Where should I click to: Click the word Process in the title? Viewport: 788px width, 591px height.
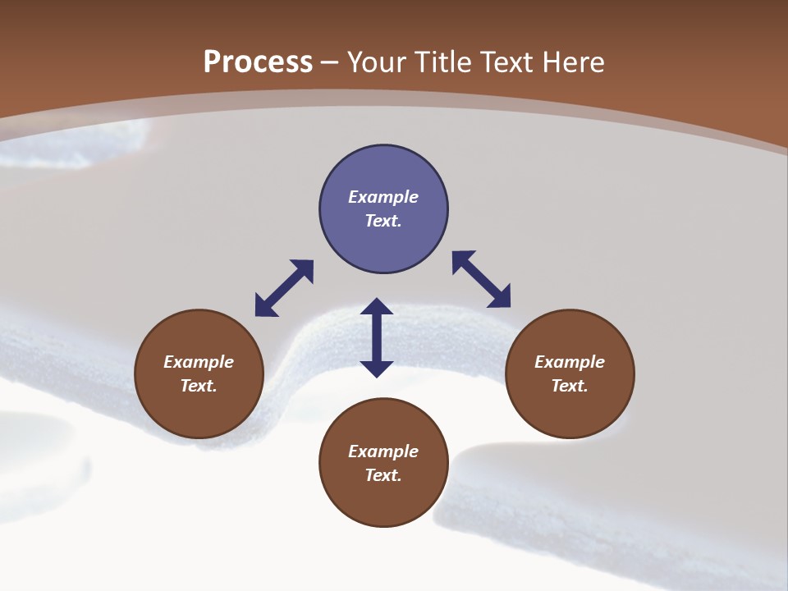258,62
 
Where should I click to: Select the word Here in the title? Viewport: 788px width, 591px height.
572,62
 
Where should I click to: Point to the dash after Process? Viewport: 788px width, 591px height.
329,63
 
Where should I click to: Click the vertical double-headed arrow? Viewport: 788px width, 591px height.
377,337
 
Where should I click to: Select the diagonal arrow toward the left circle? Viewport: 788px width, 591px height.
284,288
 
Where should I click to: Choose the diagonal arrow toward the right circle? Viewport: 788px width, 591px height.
482,279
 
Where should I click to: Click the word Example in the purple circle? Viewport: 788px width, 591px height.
383,197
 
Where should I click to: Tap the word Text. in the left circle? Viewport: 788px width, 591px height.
199,386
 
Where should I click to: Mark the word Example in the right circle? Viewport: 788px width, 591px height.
570,362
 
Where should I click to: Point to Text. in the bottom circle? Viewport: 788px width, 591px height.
383,475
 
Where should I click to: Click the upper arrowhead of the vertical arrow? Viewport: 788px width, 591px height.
377,307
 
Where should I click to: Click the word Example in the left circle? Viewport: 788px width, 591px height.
199,362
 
